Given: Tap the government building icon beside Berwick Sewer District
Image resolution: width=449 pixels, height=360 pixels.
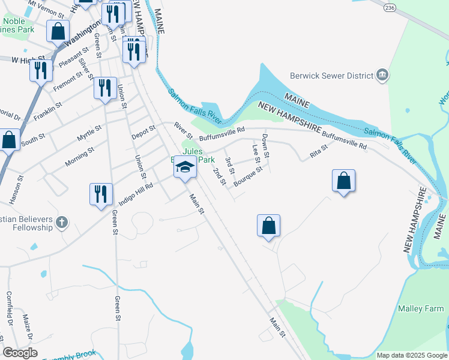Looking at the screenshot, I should (x=382, y=76).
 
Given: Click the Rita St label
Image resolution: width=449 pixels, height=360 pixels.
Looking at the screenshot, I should (x=318, y=151).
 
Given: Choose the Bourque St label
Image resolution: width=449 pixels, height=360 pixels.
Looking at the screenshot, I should (x=249, y=176).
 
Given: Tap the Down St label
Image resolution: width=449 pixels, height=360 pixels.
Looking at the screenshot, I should (x=265, y=146).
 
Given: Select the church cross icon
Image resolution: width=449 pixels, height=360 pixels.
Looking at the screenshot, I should (x=61, y=224).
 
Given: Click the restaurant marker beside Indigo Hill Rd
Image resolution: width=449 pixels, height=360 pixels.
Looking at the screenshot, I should (x=101, y=194).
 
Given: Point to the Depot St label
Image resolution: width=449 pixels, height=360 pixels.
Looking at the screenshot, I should (x=144, y=132).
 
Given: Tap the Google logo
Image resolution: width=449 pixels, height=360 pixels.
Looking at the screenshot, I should (x=20, y=353).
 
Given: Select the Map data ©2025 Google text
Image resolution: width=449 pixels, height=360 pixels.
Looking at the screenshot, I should (x=411, y=355).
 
